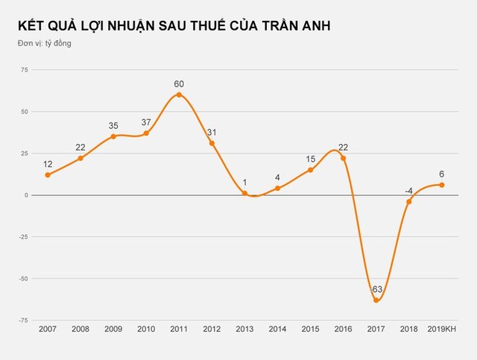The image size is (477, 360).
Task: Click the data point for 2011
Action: [179, 95]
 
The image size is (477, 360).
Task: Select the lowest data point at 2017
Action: [376, 300]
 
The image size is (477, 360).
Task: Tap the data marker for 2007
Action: [48, 175]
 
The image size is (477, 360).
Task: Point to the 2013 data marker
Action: [244, 193]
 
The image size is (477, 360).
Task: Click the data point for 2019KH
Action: [442, 185]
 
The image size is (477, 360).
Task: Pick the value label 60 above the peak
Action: [179, 83]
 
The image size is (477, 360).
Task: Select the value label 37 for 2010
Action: [146, 122]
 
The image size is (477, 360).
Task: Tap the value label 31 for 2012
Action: [212, 132]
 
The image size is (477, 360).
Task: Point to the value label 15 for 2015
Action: [310, 159]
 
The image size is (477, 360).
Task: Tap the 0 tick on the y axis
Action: [25, 195]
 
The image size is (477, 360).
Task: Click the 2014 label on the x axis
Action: [277, 329]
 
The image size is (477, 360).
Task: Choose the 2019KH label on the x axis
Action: [441, 329]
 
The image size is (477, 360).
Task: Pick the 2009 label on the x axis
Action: [113, 329]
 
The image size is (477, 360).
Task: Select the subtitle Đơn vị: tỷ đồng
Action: [45, 43]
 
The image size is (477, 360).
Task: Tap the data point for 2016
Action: [343, 158]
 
